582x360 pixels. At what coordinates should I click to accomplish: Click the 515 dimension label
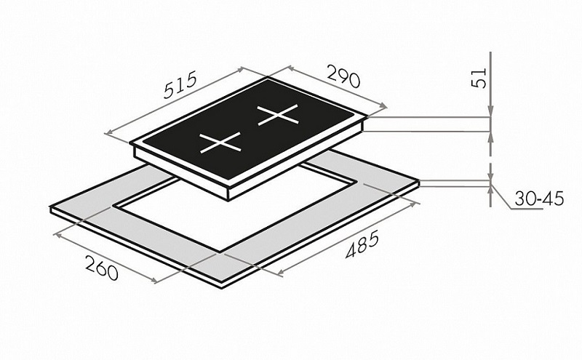tap(180, 86)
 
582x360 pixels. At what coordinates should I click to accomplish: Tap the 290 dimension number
tap(343, 76)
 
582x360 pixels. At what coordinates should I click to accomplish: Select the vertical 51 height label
tap(479, 78)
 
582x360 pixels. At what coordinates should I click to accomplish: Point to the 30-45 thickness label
tap(539, 199)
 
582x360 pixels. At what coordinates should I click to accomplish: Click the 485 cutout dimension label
tap(362, 244)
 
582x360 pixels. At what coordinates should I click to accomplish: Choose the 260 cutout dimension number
tap(101, 267)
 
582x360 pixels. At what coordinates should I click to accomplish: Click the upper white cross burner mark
tap(278, 115)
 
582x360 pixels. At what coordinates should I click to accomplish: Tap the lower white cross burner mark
tap(220, 143)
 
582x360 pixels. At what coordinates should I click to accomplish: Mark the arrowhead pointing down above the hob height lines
tap(490, 111)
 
